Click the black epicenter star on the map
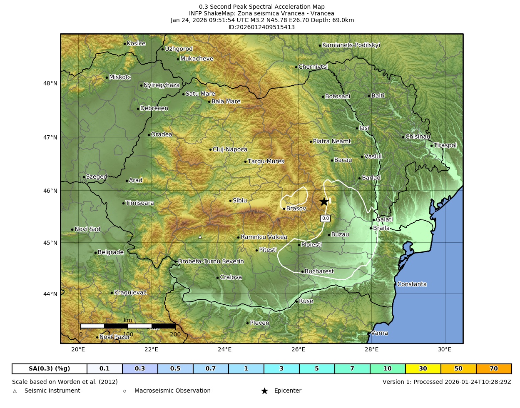click(324, 202)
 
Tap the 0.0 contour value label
click(326, 218)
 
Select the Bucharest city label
click(319, 271)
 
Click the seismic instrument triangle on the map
click(200, 237)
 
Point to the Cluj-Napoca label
click(230, 149)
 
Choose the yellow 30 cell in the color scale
click(423, 369)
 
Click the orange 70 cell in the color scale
click(494, 369)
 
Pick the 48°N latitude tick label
click(50, 83)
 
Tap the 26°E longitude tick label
click(298, 349)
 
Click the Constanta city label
click(412, 284)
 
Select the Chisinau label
click(418, 137)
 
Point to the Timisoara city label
click(139, 203)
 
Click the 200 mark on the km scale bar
click(175, 334)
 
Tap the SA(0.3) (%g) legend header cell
click(50, 369)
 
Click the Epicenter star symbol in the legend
click(264, 391)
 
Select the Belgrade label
click(110, 252)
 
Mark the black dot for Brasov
click(284, 209)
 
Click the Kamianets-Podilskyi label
click(351, 45)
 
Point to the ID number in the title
click(261, 27)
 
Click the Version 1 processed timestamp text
click(447, 382)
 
